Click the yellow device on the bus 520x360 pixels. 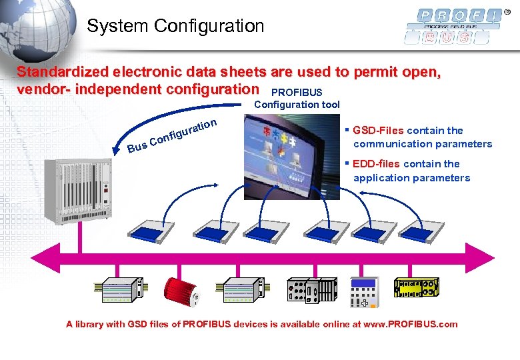click(x=417, y=287)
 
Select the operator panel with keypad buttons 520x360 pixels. click(x=365, y=291)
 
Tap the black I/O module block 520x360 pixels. click(x=311, y=291)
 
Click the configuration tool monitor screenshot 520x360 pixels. click(x=291, y=157)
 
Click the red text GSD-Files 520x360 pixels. click(x=378, y=130)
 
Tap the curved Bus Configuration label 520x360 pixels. click(x=172, y=134)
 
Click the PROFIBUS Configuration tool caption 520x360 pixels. click(x=297, y=98)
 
